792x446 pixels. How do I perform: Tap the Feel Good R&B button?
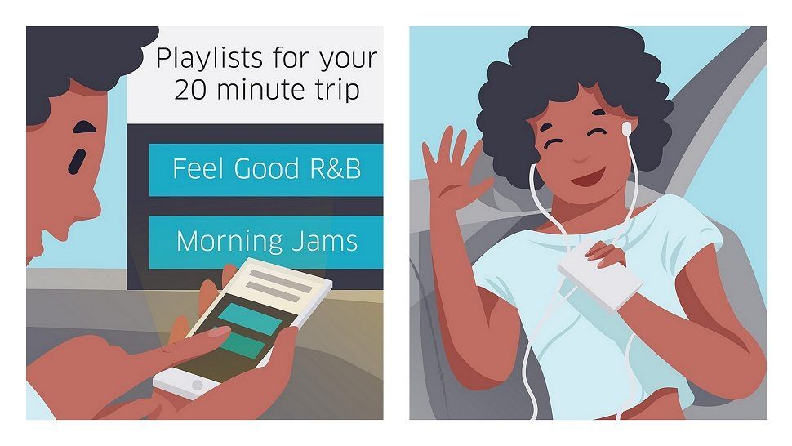[265, 170]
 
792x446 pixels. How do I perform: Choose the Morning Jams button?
[265, 242]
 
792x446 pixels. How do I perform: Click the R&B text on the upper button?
[336, 169]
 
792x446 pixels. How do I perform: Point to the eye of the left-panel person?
[76, 160]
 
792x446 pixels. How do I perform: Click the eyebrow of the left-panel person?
[83, 127]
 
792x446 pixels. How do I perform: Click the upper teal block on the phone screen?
[250, 319]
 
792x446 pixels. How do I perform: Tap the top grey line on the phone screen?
[281, 281]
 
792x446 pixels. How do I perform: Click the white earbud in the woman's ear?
[627, 127]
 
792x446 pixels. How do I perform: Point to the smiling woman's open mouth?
[590, 176]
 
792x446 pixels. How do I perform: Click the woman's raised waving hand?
[452, 167]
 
